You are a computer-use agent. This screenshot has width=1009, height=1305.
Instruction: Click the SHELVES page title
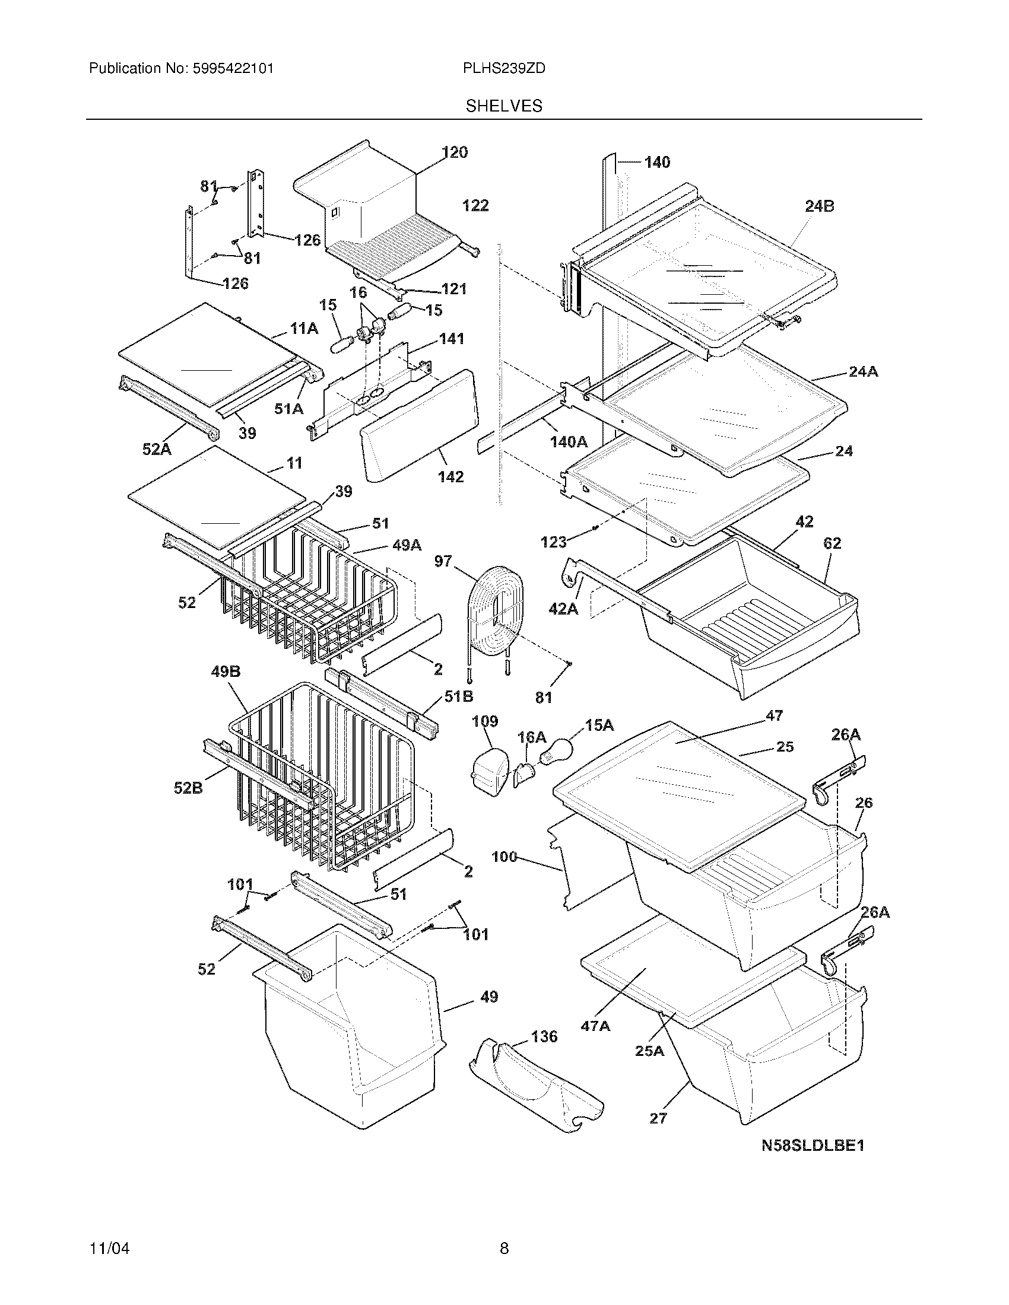click(503, 106)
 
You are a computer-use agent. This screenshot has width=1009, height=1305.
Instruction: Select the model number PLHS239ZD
click(503, 69)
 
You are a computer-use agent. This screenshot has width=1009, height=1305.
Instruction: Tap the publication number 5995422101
click(233, 69)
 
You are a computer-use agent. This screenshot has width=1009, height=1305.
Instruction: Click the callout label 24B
click(819, 206)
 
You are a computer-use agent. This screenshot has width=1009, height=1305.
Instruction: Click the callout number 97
click(443, 561)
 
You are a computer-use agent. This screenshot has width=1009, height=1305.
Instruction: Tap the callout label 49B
click(226, 671)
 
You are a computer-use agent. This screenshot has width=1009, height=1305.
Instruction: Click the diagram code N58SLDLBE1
click(813, 1145)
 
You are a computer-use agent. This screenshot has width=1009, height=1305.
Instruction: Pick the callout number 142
click(450, 477)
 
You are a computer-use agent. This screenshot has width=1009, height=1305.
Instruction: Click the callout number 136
click(543, 1036)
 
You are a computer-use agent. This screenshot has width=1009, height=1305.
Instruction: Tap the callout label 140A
click(568, 442)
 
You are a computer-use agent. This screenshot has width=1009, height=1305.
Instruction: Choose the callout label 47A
click(595, 1026)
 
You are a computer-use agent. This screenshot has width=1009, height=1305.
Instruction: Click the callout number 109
click(485, 721)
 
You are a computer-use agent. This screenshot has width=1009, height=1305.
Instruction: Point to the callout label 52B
click(188, 788)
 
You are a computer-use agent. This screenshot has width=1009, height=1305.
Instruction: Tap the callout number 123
click(553, 542)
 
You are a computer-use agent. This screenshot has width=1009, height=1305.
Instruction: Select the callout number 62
click(832, 543)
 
